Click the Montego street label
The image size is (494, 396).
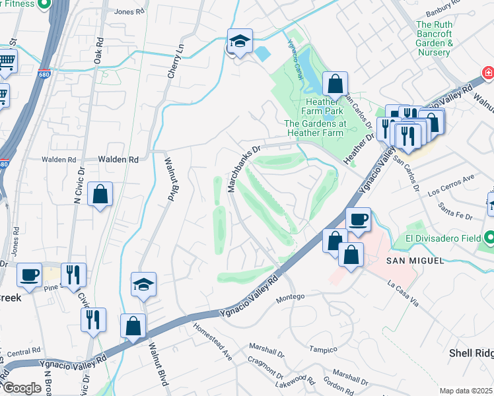pos(291,298)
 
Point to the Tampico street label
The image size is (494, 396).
pos(323,348)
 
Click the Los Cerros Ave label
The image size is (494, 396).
pos(452,185)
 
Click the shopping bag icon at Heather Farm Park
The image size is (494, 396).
pos(335,84)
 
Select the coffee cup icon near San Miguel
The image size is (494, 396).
pos(358,220)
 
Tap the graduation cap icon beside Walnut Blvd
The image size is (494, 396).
pos(143,284)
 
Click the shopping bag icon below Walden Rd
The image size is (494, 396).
pos(100,194)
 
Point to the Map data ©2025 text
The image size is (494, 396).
pos(466,391)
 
